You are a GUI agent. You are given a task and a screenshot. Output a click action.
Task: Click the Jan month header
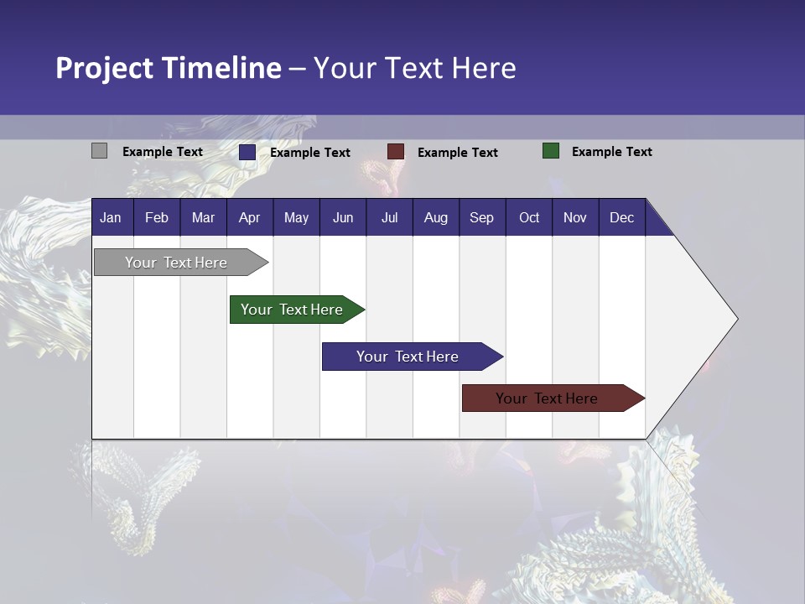[x=112, y=217]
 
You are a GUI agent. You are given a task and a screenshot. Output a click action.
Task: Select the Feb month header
[x=157, y=217]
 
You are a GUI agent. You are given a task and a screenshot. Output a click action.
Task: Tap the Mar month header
[x=203, y=217]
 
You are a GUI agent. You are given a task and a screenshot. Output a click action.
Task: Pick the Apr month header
[x=250, y=217]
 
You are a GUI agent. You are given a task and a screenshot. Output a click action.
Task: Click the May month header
[x=296, y=217]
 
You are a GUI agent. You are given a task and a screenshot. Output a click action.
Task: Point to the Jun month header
[x=343, y=217]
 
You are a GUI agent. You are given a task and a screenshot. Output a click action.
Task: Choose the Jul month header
[x=389, y=217]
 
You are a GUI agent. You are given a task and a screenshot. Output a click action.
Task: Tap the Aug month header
[x=436, y=217]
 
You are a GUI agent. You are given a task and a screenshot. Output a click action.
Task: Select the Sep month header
[x=482, y=217]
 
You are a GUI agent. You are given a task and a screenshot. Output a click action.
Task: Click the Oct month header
[x=529, y=217]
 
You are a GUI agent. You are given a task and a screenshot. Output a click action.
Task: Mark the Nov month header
[x=575, y=217]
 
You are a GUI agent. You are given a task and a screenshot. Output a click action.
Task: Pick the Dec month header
[x=622, y=217]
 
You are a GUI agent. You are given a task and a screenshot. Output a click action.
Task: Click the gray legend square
[x=100, y=151]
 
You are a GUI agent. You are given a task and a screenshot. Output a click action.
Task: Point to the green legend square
[x=551, y=151]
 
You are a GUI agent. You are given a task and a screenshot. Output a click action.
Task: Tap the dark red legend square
[x=396, y=152]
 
